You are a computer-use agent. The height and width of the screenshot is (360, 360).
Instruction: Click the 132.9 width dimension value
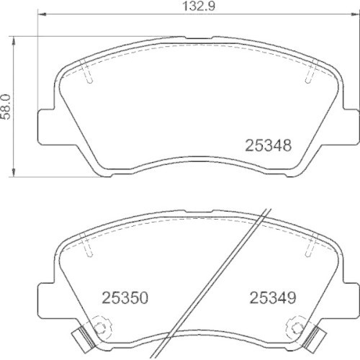pyautogui.click(x=199, y=6)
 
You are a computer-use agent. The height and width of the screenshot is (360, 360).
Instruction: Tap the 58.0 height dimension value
pyautogui.click(x=6, y=107)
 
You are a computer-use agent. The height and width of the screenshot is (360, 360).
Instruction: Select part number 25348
pyautogui.click(x=268, y=145)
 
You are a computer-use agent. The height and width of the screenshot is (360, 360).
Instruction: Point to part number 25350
pyautogui.click(x=125, y=297)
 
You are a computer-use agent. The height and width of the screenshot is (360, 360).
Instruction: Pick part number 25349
pyautogui.click(x=273, y=297)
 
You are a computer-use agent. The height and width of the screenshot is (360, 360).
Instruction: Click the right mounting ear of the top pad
pyautogui.click(x=351, y=127)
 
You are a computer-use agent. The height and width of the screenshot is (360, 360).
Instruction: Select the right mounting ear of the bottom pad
pyautogui.click(x=351, y=301)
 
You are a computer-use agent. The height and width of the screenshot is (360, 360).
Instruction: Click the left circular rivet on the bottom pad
pyautogui.click(x=99, y=327)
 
